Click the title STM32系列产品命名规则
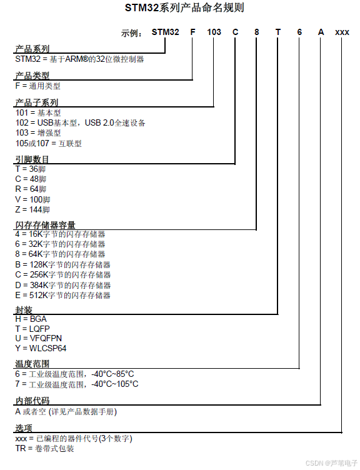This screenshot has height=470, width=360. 180,8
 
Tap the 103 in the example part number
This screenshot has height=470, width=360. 214,32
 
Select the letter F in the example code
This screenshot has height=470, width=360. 192,32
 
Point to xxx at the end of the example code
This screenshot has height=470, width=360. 342,32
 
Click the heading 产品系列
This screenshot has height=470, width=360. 32,49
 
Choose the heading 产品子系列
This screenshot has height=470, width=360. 37,102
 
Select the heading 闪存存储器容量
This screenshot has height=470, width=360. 46,224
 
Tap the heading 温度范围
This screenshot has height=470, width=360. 32,364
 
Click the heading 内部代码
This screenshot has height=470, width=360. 32,401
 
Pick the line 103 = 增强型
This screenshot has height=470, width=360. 38,133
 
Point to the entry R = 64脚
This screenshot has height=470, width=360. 31,189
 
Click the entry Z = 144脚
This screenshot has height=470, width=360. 32,209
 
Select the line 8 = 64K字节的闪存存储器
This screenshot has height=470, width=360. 60,254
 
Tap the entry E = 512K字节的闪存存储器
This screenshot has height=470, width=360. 62,295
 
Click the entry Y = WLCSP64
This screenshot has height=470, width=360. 41,349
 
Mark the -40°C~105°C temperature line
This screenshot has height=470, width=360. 77,384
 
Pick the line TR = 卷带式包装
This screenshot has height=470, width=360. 44,449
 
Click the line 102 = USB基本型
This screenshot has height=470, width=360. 81,123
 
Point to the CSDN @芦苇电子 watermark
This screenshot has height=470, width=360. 331,463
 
